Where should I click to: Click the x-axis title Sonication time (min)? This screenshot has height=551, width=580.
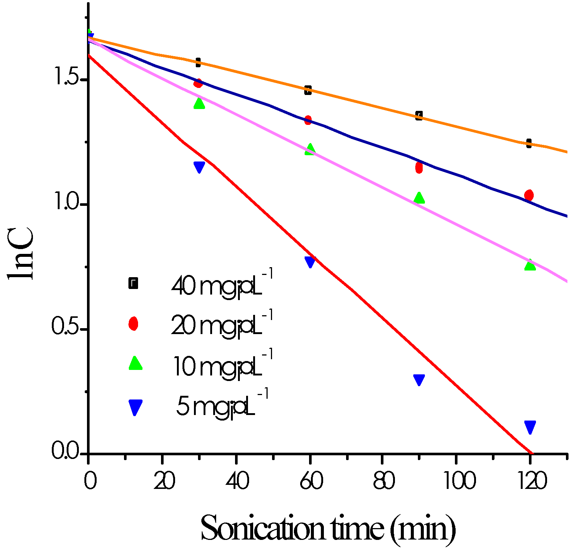pyautogui.click(x=328, y=529)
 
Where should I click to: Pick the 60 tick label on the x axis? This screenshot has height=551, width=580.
pyautogui.click(x=311, y=482)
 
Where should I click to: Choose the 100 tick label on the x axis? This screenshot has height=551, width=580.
pyautogui.click(x=458, y=482)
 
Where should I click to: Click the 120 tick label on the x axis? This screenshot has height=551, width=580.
pyautogui.click(x=532, y=482)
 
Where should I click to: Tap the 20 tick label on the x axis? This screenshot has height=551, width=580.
pyautogui.click(x=164, y=482)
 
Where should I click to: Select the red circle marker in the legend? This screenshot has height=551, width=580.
pyautogui.click(x=133, y=323)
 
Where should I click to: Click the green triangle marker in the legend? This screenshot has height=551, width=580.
pyautogui.click(x=135, y=364)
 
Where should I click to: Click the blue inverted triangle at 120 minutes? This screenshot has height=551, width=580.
pyautogui.click(x=530, y=427)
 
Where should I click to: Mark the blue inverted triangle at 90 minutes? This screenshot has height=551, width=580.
pyautogui.click(x=419, y=380)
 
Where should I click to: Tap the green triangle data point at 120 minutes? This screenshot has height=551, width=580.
pyautogui.click(x=530, y=265)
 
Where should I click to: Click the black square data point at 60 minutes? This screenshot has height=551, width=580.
pyautogui.click(x=308, y=90)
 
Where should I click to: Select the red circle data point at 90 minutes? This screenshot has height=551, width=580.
pyautogui.click(x=419, y=167)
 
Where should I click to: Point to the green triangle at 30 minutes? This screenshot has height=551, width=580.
pyautogui.click(x=199, y=103)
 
